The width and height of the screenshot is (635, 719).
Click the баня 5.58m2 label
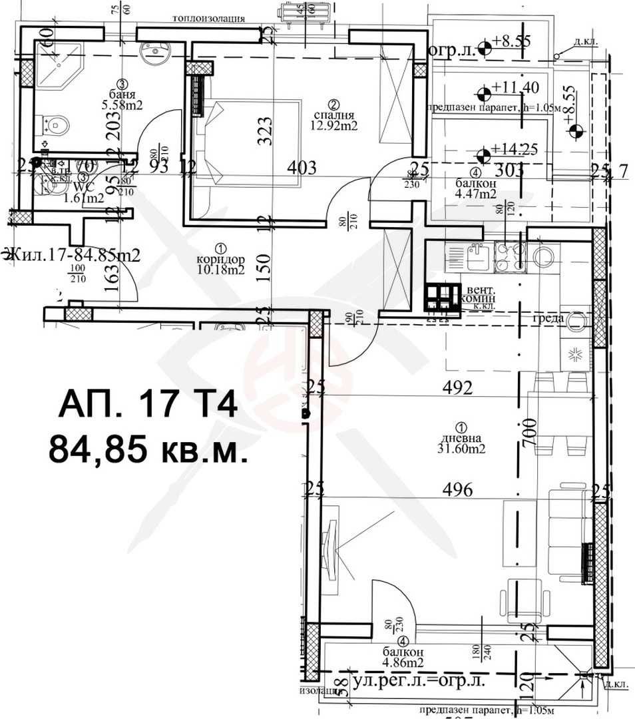(x=122, y=99)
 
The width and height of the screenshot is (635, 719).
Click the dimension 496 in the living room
(x=458, y=491)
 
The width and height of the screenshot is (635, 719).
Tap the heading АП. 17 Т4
(x=148, y=405)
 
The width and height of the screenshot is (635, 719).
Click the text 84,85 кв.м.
(x=148, y=450)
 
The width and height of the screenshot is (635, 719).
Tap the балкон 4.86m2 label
(x=404, y=657)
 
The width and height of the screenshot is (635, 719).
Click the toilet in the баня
(x=57, y=123)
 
